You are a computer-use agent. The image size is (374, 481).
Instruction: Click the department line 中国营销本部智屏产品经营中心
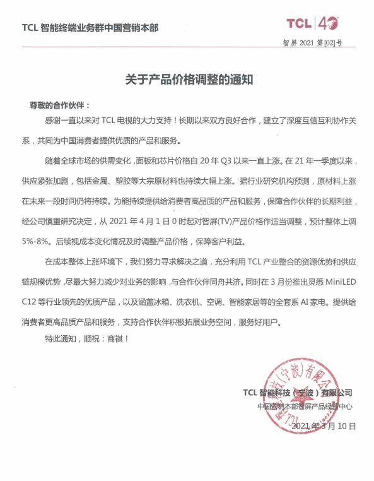pos(304,407)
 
